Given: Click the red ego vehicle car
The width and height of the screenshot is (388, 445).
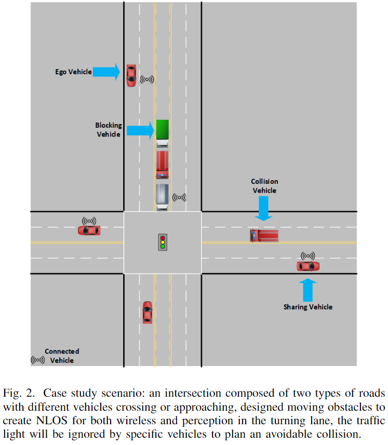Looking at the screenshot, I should (x=131, y=75).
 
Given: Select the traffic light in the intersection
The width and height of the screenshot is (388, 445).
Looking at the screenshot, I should (x=163, y=242).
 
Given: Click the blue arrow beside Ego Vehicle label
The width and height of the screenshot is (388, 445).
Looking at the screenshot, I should (x=107, y=72).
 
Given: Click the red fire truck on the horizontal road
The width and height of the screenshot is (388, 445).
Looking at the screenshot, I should (x=264, y=235).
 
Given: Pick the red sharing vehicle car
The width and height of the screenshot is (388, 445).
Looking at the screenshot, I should (x=308, y=266).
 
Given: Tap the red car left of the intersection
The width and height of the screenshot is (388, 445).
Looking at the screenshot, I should (x=89, y=230).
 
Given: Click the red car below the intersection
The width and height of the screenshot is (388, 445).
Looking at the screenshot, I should (x=148, y=312).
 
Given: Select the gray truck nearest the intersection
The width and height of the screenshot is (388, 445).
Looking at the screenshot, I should (x=163, y=196).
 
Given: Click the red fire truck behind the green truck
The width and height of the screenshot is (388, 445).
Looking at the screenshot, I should (x=163, y=164).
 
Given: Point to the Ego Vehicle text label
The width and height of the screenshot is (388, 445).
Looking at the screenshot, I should (x=73, y=72).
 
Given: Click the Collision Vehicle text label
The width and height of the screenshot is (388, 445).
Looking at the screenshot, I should (x=264, y=186).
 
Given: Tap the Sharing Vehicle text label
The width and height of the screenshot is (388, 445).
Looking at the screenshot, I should (x=307, y=307).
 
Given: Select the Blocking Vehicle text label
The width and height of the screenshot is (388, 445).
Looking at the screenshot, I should (x=108, y=130).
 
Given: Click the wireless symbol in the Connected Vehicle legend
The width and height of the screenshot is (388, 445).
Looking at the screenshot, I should (x=37, y=360).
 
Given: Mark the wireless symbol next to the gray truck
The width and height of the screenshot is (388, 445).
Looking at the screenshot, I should (x=179, y=197).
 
